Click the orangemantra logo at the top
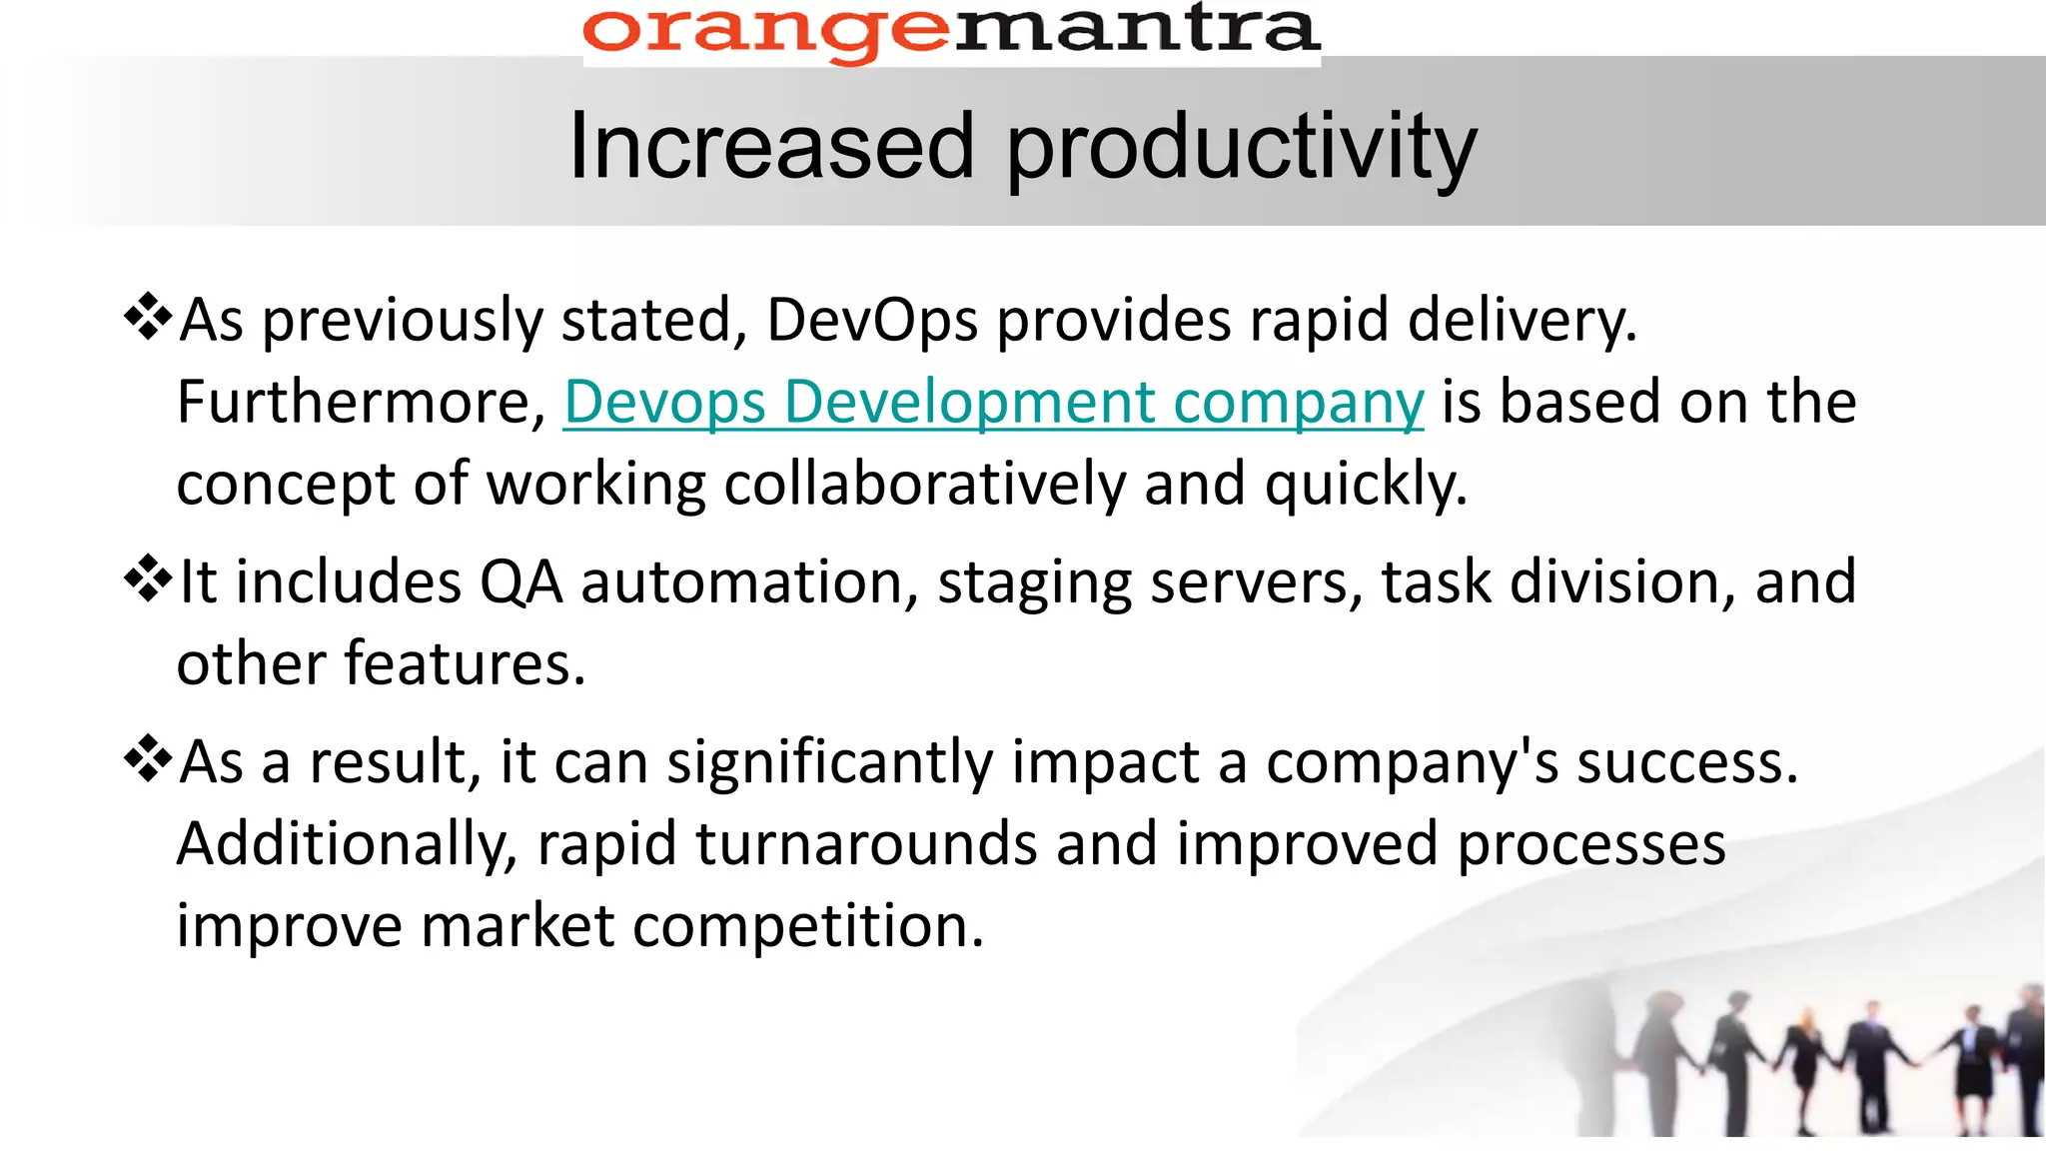coord(951,32)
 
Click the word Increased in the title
coord(770,147)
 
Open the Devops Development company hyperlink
coord(993,402)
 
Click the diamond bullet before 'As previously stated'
coord(148,317)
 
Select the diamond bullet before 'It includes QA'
coord(148,578)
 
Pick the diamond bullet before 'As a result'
coord(148,758)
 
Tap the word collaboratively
coord(924,484)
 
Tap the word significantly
coord(829,763)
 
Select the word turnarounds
coord(866,844)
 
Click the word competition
coord(807,926)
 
